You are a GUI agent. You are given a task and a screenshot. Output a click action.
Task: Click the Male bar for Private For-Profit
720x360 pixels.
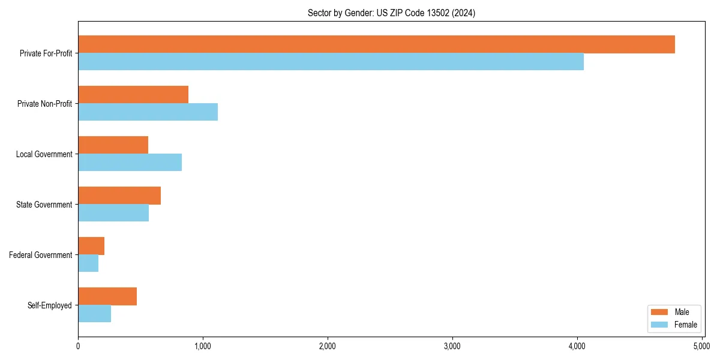tap(376, 44)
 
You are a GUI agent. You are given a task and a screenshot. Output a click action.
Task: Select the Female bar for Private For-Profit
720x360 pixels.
tap(331, 62)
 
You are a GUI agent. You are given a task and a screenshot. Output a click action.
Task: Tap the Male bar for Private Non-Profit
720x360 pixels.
tap(133, 95)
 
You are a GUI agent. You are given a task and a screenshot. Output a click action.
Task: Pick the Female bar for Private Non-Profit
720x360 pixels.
tap(148, 112)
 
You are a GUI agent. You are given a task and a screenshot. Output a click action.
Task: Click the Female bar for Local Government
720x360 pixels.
tap(130, 163)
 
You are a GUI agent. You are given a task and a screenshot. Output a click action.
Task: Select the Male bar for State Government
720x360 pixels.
tap(119, 196)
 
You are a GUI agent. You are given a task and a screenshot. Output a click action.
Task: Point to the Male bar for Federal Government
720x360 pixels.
tap(91, 246)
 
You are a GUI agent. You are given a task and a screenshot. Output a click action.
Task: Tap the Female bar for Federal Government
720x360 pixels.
tap(88, 263)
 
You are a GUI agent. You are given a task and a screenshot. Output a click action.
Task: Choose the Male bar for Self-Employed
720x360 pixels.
tap(107, 296)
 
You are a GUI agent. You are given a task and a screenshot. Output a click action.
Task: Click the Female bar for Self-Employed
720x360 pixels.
tap(94, 314)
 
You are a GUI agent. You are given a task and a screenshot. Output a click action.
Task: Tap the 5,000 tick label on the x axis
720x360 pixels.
tap(701, 346)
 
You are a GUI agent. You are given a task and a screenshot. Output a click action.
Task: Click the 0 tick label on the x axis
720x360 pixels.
tap(78, 346)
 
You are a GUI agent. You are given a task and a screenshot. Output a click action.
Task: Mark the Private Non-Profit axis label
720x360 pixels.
tap(46, 104)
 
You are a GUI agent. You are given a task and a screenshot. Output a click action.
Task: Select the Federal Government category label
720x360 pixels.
tap(41, 255)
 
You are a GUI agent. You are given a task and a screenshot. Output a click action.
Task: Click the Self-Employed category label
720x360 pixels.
tap(50, 305)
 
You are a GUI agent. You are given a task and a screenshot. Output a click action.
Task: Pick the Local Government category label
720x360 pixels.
tap(44, 154)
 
